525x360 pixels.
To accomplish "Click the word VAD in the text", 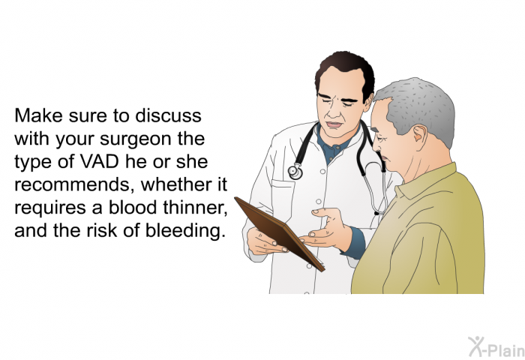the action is [x=100, y=162].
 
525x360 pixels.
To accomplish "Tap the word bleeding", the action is [x=184, y=230].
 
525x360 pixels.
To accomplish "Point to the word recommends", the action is [x=75, y=185].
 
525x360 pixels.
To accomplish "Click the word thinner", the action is [x=195, y=208].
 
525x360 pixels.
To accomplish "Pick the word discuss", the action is [x=169, y=115].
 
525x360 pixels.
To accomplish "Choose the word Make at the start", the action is [x=38, y=115].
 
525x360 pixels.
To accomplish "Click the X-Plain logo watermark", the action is [x=496, y=347].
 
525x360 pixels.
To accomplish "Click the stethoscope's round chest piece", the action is [x=295, y=172].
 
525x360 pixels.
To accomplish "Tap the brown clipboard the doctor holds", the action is [x=279, y=233].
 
